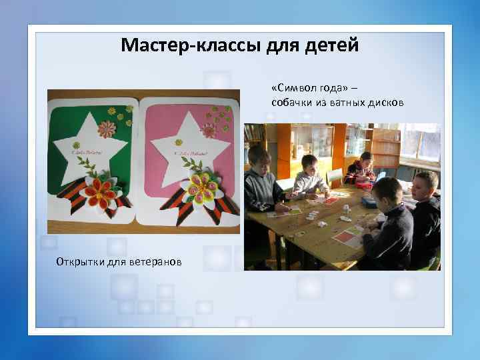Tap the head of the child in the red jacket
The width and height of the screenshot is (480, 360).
(365, 160)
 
